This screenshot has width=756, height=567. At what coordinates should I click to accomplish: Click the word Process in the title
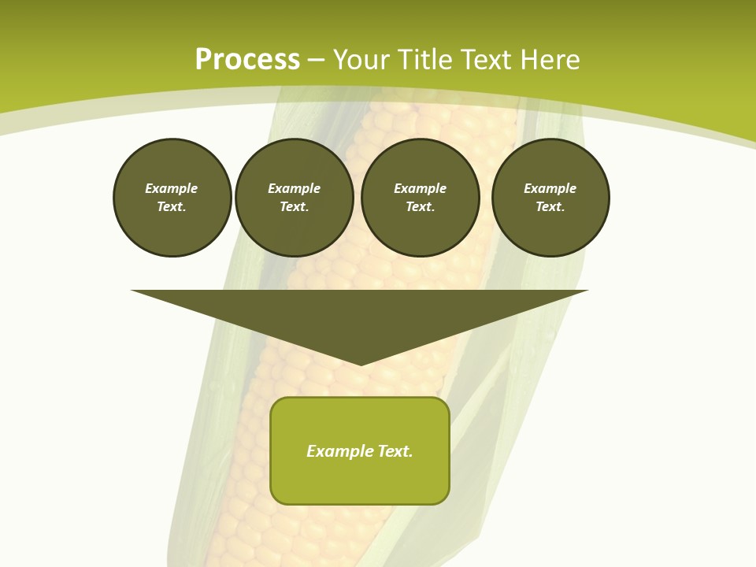click(247, 60)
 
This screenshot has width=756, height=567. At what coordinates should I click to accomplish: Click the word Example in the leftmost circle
click(171, 188)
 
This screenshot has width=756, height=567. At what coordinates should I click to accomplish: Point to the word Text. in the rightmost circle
click(550, 207)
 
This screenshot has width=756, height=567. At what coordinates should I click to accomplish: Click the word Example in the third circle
click(420, 188)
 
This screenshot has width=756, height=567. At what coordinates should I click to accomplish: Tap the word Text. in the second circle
click(294, 207)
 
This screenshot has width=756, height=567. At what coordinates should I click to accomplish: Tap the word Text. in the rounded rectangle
click(395, 451)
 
